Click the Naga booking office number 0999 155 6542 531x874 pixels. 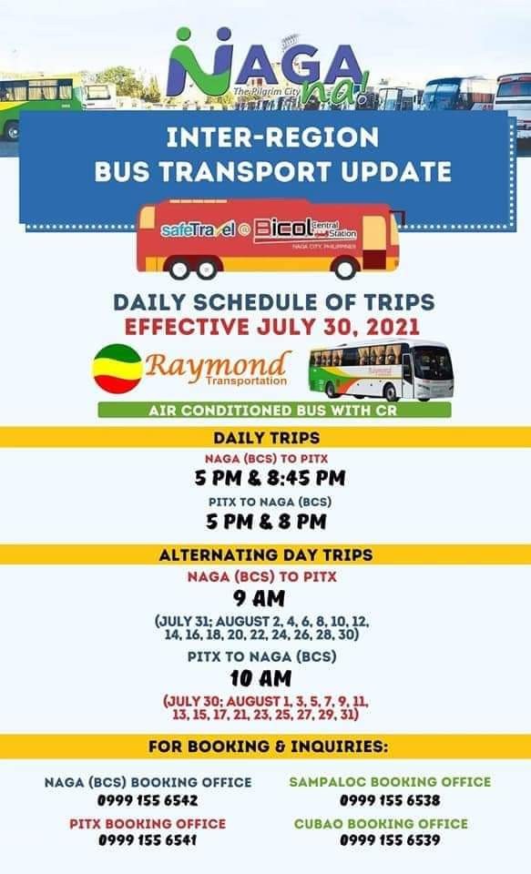pos(148,800)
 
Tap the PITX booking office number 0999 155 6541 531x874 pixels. pos(148,840)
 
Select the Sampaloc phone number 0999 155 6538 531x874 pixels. pos(390,800)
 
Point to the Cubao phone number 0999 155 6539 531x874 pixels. pos(390,840)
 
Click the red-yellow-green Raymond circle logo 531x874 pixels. pos(117,369)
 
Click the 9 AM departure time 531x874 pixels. pos(260,599)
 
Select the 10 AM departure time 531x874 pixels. pos(260,678)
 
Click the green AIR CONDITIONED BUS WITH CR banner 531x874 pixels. pos(274,411)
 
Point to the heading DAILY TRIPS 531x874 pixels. pos(267,438)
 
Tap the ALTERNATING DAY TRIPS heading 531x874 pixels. pos(266,555)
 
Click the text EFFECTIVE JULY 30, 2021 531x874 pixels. pos(271,327)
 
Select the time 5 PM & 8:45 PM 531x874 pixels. pos(270,478)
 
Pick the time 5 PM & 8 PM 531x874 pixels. pos(266,522)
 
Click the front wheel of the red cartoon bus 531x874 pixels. pos(344,269)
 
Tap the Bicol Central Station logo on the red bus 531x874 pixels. pos(305,229)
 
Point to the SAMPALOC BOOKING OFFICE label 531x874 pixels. pos(391,782)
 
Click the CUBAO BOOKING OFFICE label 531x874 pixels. pos(381,824)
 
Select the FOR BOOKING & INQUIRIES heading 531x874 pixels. pos(268,747)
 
